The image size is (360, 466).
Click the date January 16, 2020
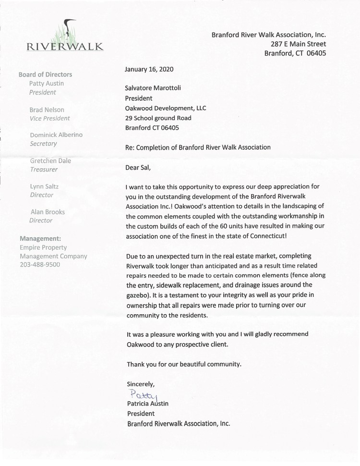pyautogui.click(x=149, y=69)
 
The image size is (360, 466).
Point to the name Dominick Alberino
pyautogui.click(x=56, y=135)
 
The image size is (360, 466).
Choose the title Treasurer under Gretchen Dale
pyautogui.click(x=45, y=169)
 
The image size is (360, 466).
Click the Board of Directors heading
pyautogui.click(x=45, y=74)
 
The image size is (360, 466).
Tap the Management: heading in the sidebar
pyautogui.click(x=40, y=238)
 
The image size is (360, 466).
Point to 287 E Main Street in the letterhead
pyautogui.click(x=298, y=44)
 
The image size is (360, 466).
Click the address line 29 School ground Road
pyautogui.click(x=158, y=118)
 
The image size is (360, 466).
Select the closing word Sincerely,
pyautogui.click(x=141, y=384)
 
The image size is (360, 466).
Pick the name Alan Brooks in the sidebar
pyautogui.click(x=48, y=211)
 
